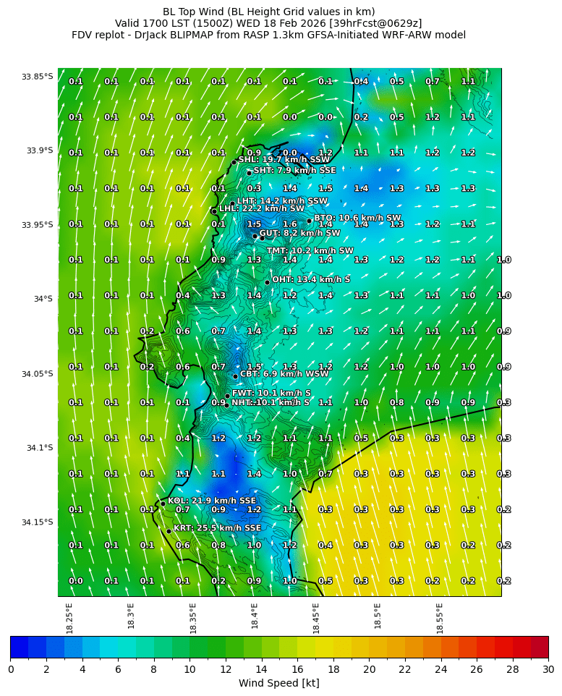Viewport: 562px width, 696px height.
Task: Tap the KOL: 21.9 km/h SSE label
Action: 211,501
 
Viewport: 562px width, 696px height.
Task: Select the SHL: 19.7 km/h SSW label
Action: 284,159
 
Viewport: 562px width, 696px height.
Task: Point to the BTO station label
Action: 357,218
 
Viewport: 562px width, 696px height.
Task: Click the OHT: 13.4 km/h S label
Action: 311,279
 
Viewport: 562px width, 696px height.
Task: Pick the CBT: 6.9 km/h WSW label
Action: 279,374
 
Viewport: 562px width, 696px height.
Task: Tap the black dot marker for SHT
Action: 249,173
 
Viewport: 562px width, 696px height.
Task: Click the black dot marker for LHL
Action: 214,211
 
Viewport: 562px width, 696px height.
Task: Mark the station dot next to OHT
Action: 267,282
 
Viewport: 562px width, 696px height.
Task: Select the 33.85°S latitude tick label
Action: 37,77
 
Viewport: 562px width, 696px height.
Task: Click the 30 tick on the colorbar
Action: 548,669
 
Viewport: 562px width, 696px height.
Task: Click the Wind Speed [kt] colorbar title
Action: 279,683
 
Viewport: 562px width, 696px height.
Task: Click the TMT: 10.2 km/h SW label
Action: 310,251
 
